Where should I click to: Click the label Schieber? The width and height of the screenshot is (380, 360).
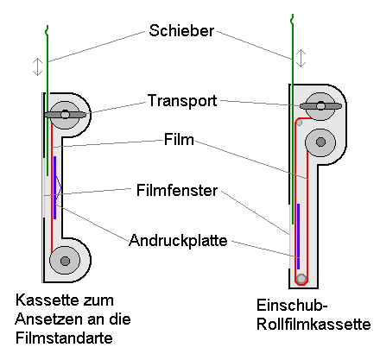181,30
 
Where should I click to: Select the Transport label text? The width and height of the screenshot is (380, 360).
182,101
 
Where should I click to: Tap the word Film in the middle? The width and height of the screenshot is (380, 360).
179,140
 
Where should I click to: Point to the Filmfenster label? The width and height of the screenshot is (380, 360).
177,190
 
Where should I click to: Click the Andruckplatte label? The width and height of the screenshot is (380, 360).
178,240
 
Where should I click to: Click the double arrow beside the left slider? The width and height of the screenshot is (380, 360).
37,66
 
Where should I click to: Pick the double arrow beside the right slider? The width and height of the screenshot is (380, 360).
301,58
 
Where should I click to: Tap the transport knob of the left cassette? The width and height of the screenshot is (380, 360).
65,115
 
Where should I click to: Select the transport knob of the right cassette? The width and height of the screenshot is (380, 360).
320,106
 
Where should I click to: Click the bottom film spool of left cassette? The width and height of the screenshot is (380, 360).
65,261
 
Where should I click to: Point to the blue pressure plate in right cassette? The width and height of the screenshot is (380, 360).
299,237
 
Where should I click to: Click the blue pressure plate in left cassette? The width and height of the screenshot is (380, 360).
54,187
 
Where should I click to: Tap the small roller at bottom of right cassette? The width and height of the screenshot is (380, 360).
301,279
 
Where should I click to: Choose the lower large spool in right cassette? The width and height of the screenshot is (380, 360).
320,142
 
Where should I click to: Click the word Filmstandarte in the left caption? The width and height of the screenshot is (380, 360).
64,338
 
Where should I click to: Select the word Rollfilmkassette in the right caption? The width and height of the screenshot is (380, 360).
313,325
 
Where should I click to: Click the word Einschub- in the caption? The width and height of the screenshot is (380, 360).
292,306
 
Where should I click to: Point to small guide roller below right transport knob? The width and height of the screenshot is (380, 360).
300,123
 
